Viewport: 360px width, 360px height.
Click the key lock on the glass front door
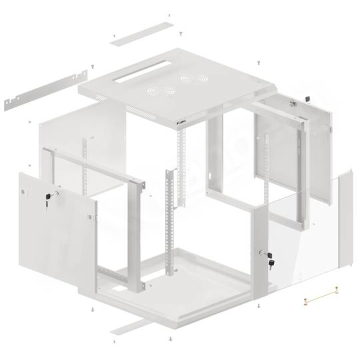pyautogui.click(x=269, y=257)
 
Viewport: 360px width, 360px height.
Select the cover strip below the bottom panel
pyautogui.click(x=130, y=327)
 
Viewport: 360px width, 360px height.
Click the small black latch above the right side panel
pyautogui.click(x=307, y=99)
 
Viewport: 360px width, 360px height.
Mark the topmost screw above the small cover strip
pyautogui.click(x=169, y=15)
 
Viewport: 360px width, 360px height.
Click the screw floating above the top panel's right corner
pyautogui.click(x=258, y=62)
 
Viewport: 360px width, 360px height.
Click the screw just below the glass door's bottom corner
pyautogui.click(x=258, y=306)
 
